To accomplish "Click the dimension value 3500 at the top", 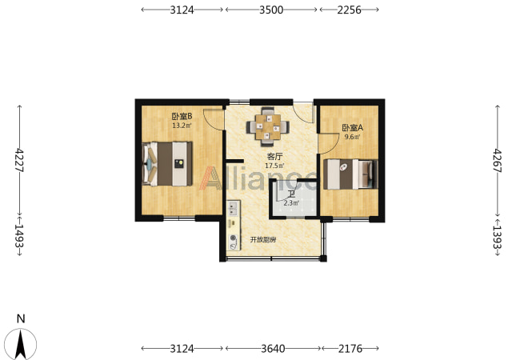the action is [x=271, y=10].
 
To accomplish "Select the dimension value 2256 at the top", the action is [x=350, y=10].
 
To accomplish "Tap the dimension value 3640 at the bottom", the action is [x=273, y=348].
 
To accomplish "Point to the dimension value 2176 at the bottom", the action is [x=350, y=348].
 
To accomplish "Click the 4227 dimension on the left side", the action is [x=20, y=160].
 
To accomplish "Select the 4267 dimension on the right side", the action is [x=498, y=161].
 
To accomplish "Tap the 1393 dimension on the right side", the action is [x=498, y=237].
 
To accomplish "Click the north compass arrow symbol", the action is [x=21, y=343].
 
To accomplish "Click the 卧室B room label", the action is [x=182, y=116].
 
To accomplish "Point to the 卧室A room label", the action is [x=353, y=128].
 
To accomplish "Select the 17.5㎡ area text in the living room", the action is [x=274, y=166].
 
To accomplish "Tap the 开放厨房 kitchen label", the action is [x=262, y=240].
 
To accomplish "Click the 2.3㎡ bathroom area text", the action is [x=291, y=203].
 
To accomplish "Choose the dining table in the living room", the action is [x=268, y=126].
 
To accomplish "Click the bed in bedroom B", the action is [x=167, y=164].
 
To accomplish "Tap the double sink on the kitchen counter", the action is [x=233, y=208].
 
